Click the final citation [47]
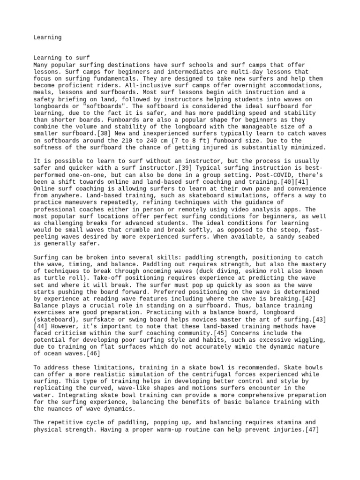(x=311, y=429)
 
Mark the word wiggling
(x=303, y=340)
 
